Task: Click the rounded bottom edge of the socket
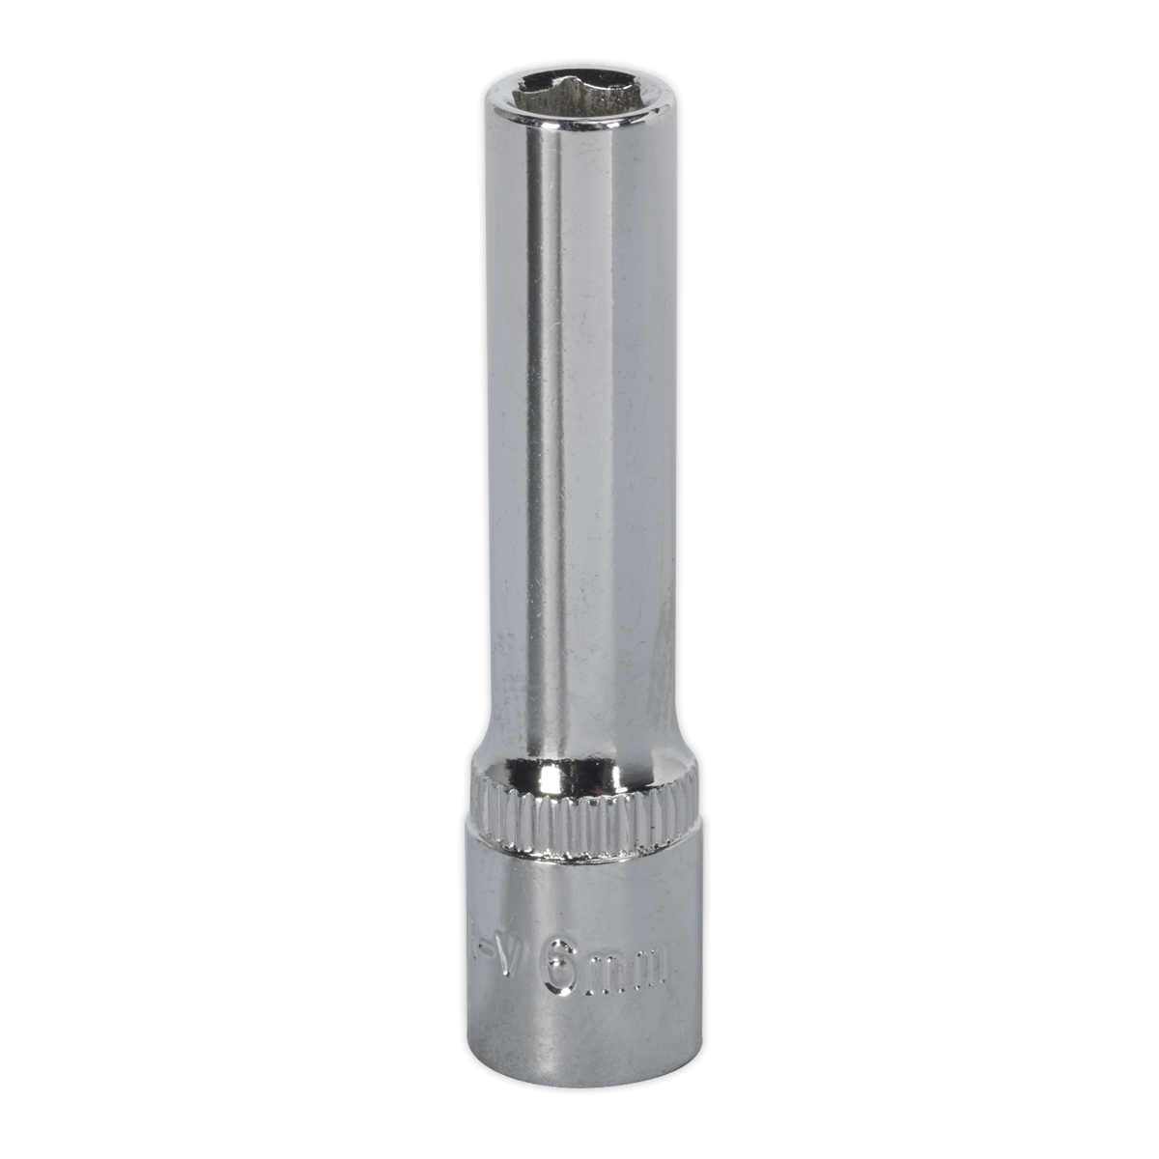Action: [579, 1108]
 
